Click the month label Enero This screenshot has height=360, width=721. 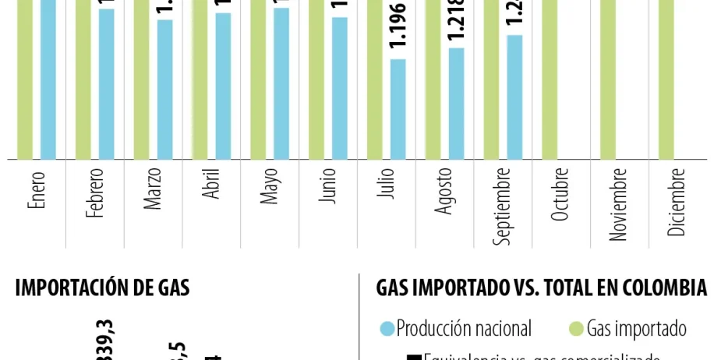tap(37, 189)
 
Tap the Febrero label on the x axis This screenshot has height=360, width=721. tap(95, 192)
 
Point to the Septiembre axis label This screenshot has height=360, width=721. tap(504, 206)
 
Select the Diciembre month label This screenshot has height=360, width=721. tap(677, 201)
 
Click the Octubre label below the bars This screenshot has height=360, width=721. tap(560, 194)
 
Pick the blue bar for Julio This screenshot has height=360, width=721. tap(398, 109)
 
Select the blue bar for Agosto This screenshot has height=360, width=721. tap(456, 103)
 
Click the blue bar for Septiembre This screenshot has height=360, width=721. tap(514, 97)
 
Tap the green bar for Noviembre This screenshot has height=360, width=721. tap(608, 78)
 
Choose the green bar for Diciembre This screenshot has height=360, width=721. tap(666, 78)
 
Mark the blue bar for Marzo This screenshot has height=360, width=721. tap(164, 89)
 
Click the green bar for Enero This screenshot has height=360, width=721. tap(24, 78)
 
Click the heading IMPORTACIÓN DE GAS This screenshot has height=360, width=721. tap(102, 288)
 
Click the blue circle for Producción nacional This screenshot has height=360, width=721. tap(387, 329)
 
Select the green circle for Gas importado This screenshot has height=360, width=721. tap(577, 329)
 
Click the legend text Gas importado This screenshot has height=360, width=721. tap(636, 329)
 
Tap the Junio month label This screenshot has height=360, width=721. tap(328, 185)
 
